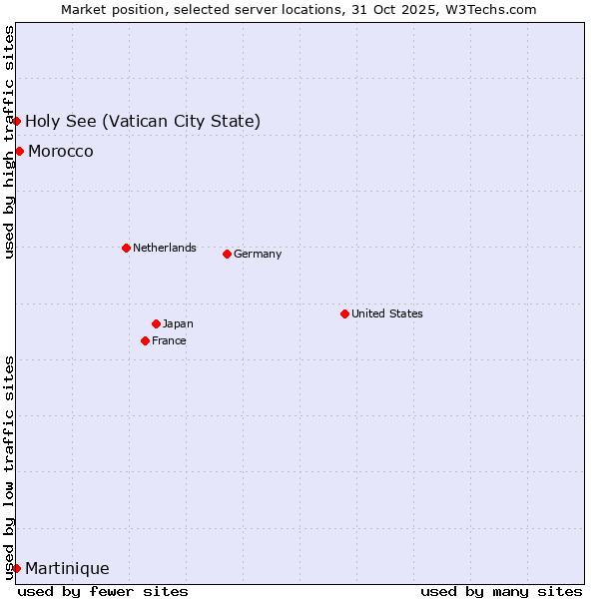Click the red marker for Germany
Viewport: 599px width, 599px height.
pos(227,254)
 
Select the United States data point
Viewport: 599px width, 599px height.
pos(344,313)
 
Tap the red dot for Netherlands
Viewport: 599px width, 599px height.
pos(126,248)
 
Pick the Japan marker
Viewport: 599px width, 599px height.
pos(156,323)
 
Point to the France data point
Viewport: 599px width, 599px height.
pos(145,340)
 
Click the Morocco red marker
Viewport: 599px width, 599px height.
pos(19,151)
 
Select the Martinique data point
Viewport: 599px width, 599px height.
pos(16,568)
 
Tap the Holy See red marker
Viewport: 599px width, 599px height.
pos(16,121)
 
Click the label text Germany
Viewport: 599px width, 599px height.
pos(258,254)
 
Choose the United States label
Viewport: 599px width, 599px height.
pos(387,313)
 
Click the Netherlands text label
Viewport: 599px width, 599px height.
pos(165,248)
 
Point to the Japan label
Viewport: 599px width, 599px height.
pos(178,323)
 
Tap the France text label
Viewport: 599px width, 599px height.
pos(169,340)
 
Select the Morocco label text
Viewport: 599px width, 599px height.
pos(61,151)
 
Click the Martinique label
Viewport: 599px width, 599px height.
pos(67,568)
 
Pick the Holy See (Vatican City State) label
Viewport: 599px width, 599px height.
pos(143,121)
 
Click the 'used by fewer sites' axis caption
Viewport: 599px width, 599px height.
pos(103,591)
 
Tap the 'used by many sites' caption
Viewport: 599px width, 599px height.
pos(501,591)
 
